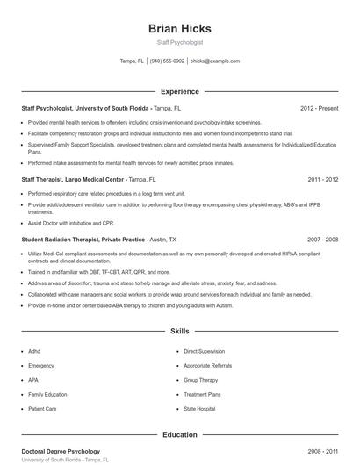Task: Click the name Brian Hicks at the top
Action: click(x=180, y=28)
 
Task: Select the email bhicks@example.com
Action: click(x=214, y=61)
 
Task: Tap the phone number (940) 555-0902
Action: click(x=167, y=61)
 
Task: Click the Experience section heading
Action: click(x=180, y=91)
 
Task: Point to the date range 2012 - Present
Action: click(x=319, y=108)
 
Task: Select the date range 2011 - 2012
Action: click(x=322, y=179)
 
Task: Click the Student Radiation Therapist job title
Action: click(x=83, y=239)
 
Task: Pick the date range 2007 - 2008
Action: click(x=322, y=239)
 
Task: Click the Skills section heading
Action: click(x=180, y=332)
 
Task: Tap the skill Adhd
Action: click(x=35, y=351)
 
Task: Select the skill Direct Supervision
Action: click(x=204, y=351)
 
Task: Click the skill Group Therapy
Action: click(x=201, y=380)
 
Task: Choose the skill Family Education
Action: click(x=47, y=394)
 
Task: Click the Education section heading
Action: click(x=180, y=434)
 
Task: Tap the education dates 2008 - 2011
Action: click(x=322, y=451)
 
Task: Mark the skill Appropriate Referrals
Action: click(x=208, y=365)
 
